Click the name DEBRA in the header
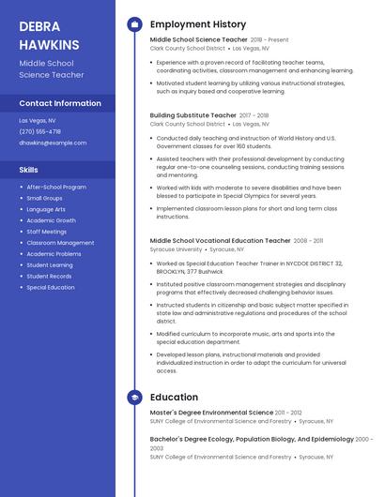tap(39, 25)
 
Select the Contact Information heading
tap(60, 103)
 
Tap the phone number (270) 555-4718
tap(39, 131)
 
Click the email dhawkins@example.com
tap(53, 143)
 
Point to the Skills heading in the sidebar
tap(29, 170)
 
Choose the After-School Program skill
tap(56, 187)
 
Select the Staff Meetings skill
tap(47, 232)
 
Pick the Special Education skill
tap(51, 287)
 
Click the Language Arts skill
tap(46, 209)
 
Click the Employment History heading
tap(198, 24)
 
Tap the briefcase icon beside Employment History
tap(134, 24)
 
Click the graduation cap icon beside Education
tap(134, 398)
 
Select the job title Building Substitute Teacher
tap(192, 115)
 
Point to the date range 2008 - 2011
tap(308, 241)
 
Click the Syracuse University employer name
tap(176, 250)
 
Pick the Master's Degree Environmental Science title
tap(211, 413)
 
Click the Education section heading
tap(174, 398)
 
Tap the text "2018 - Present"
tap(269, 40)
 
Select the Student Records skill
tap(49, 276)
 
